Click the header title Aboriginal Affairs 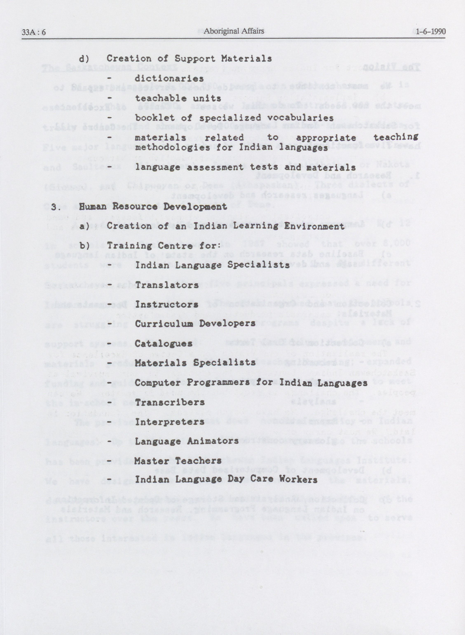(234, 31)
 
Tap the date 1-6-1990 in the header (430, 32)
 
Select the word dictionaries (169, 78)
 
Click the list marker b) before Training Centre (84, 246)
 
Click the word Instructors (166, 305)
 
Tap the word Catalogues (164, 343)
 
